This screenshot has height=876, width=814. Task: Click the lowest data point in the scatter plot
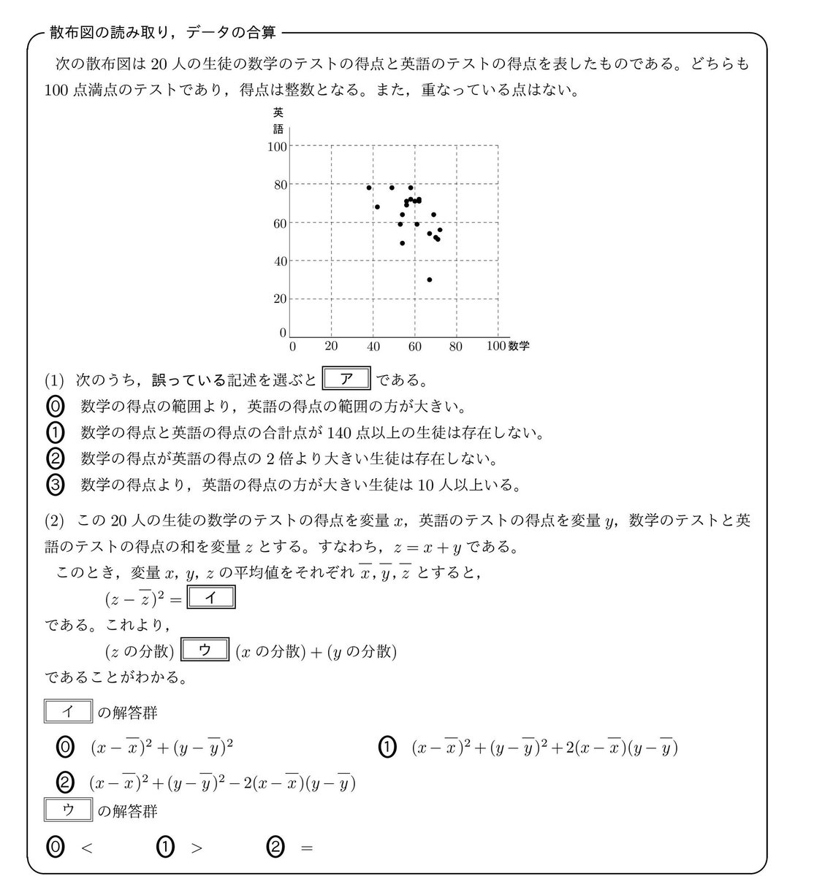point(430,280)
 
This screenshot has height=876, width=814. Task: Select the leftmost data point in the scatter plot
point(369,188)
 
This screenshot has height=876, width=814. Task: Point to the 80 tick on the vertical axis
point(279,185)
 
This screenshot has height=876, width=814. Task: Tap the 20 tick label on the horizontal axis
point(331,347)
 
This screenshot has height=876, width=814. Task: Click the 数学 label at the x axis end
point(519,346)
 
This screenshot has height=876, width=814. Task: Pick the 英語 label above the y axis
point(278,120)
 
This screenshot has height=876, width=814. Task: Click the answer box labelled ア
point(347,380)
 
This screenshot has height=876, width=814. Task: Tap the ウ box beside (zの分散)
point(205,650)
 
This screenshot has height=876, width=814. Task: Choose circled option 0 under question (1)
point(57,406)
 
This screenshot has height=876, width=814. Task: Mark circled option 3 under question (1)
point(57,484)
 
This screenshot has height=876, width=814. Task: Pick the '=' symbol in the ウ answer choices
point(306,848)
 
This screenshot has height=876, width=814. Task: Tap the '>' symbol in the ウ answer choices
point(196,848)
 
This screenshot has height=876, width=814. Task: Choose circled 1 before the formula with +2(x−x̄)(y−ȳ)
point(387,747)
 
